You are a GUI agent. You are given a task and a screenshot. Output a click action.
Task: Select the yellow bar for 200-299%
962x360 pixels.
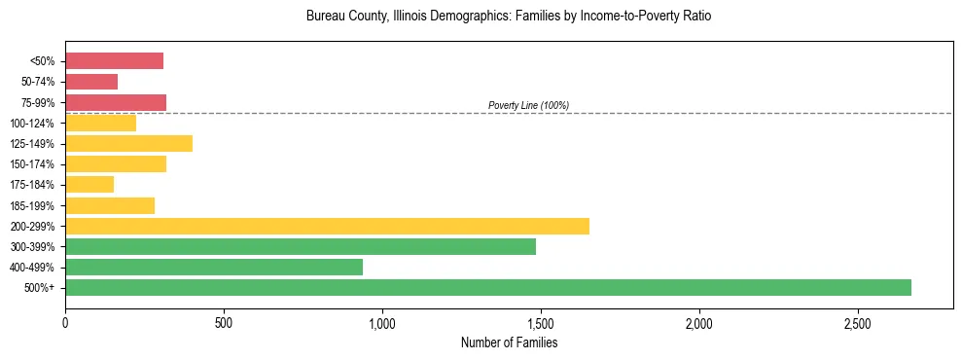coord(327,226)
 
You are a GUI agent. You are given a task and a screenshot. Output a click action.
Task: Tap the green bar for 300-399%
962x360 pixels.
coord(301,246)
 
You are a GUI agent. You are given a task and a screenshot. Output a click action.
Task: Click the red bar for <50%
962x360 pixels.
coord(114,61)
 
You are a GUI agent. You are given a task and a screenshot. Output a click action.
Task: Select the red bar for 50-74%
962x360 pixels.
coord(91,82)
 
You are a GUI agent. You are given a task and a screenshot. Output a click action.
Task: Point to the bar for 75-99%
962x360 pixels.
coord(116,102)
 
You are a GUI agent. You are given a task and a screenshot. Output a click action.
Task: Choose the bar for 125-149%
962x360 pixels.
coord(128,143)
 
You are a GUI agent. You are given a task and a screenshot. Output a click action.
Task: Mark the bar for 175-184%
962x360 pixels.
coord(89,184)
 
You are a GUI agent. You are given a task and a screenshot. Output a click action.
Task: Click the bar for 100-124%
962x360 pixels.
coord(100,123)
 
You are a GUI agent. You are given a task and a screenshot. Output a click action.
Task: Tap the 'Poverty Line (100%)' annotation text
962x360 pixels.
coord(528,105)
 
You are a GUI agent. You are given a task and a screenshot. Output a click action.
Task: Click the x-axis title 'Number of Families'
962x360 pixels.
coord(509,342)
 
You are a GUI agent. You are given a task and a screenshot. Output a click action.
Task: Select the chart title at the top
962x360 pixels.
coord(509,17)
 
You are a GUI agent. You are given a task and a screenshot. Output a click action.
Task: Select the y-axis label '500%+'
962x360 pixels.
coord(40,288)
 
